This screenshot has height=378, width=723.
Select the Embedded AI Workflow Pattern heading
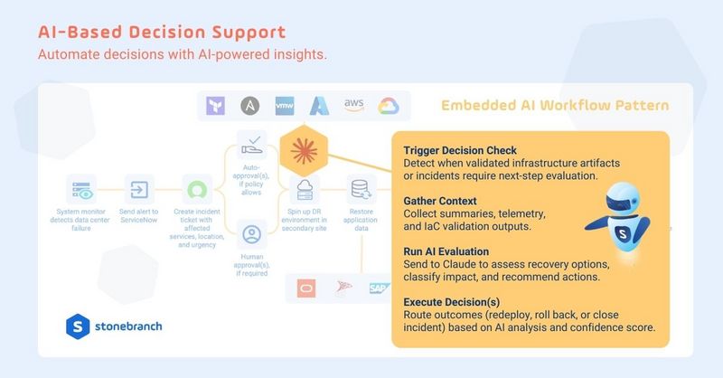[x=555, y=106]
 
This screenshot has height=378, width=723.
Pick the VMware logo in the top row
[x=284, y=106]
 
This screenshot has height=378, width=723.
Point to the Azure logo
[x=318, y=106]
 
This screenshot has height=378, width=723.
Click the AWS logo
[x=354, y=105]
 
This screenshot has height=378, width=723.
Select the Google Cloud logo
[x=389, y=106]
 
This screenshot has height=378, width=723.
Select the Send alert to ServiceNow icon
[x=139, y=190]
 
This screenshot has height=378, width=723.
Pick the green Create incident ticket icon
[x=196, y=191]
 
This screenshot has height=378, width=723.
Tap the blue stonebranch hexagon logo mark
[x=78, y=326]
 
